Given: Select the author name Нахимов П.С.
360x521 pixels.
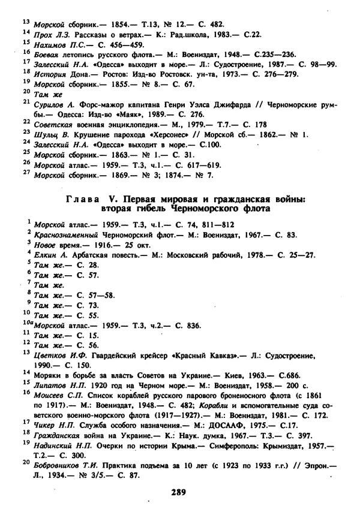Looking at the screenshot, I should tap(55, 45).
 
